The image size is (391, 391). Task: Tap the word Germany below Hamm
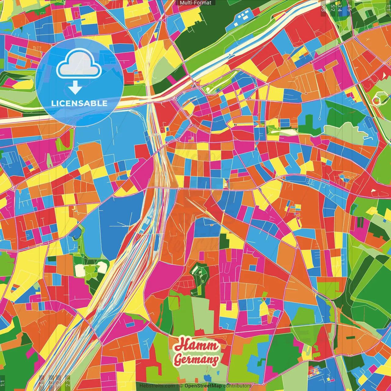click(x=197, y=360)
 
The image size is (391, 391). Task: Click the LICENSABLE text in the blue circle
click(x=79, y=103)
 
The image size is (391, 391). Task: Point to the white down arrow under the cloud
click(x=75, y=87)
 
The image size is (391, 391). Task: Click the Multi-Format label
click(x=195, y=3)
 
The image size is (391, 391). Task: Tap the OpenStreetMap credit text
click(x=203, y=386)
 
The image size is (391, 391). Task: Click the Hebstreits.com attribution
click(x=157, y=386)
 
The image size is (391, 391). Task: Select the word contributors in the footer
click(x=237, y=386)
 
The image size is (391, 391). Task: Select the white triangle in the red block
click(x=384, y=75)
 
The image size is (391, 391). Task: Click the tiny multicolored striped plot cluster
click(x=314, y=372)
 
